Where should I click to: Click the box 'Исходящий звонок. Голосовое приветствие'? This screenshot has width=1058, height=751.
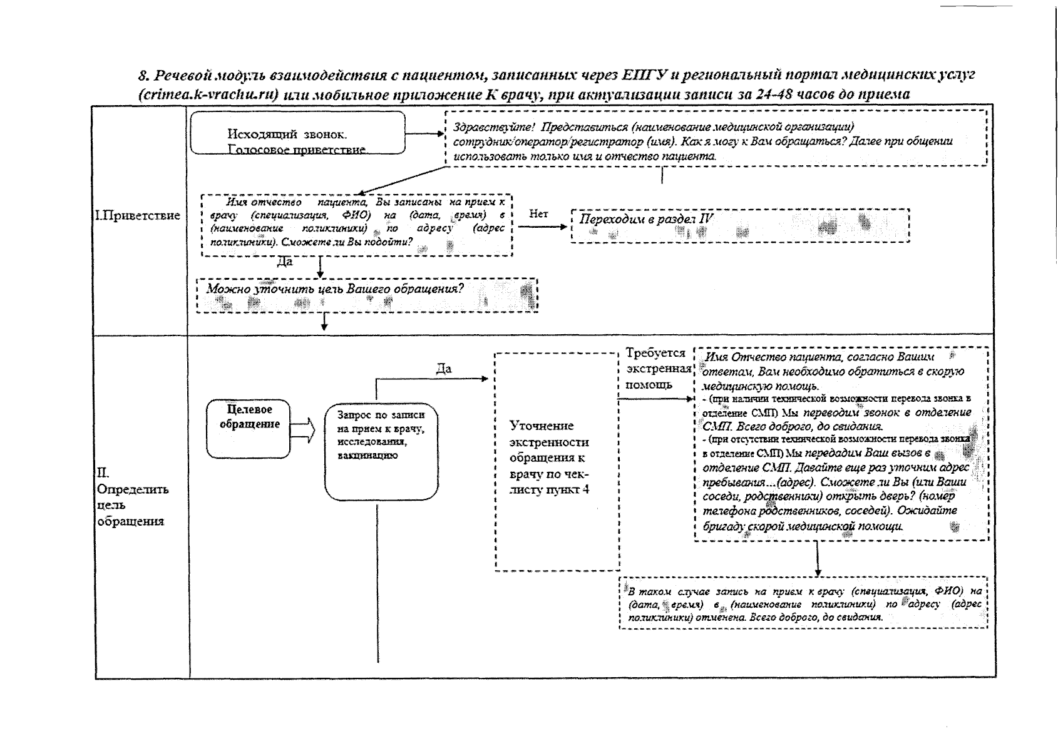pyautogui.click(x=297, y=133)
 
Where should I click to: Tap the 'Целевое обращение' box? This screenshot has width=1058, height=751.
pyautogui.click(x=249, y=429)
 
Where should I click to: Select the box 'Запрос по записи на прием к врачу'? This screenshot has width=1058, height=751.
pyautogui.click(x=381, y=451)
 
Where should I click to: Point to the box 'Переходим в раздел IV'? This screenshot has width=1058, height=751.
pyautogui.click(x=740, y=225)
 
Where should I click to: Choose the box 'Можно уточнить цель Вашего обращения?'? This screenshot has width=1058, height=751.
pyautogui.click(x=367, y=294)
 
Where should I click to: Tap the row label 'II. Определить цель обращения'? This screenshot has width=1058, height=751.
pyautogui.click(x=132, y=497)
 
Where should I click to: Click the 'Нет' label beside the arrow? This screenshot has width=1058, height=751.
pyautogui.click(x=538, y=215)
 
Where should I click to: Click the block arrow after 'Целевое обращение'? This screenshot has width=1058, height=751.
pyautogui.click(x=303, y=430)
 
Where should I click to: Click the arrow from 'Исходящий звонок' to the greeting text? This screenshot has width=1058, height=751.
pyautogui.click(x=424, y=134)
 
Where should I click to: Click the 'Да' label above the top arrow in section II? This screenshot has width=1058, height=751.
pyautogui.click(x=443, y=369)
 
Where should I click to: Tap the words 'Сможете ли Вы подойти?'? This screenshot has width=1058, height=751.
pyautogui.click(x=347, y=242)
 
